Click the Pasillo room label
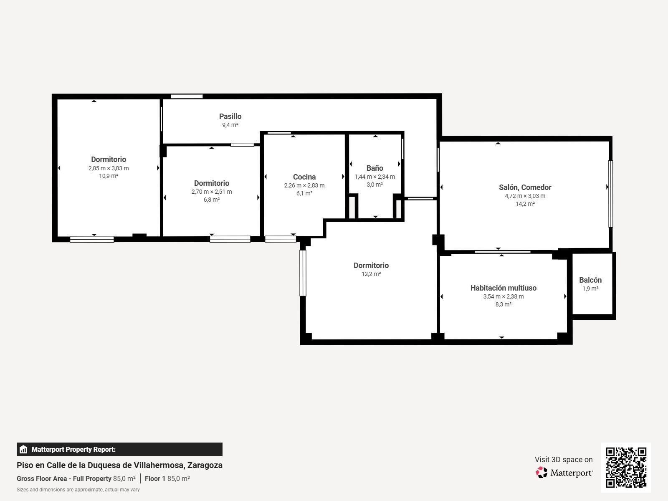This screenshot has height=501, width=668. pos(230,116)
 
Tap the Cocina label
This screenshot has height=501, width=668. pos(304,177)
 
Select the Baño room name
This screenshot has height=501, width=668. pos(374,168)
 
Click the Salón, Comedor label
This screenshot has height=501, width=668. pos(525,187)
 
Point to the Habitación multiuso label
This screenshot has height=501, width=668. pos(504,288)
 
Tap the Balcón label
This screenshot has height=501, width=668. pos(590,280)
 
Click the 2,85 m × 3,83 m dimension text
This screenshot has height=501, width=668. pos(109,168)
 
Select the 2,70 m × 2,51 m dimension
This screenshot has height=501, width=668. pos(212,192)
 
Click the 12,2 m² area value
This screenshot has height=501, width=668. pos(371,274)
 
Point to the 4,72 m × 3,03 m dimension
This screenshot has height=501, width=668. pos(525,196)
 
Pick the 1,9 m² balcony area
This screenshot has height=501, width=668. pos(590,288)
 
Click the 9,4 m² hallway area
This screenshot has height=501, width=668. pos(230,125)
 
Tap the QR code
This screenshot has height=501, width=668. pos(626,468)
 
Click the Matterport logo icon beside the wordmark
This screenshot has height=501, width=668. pos(541,473)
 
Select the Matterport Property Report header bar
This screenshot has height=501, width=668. pos(119,449)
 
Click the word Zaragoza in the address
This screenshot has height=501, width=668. pos(205,465)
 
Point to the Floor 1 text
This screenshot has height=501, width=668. pos(155,478)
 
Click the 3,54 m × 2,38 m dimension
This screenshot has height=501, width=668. pos(504,296)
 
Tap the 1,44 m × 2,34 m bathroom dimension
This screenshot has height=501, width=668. pos(374,177)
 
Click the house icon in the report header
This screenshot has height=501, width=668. pos(23,449)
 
